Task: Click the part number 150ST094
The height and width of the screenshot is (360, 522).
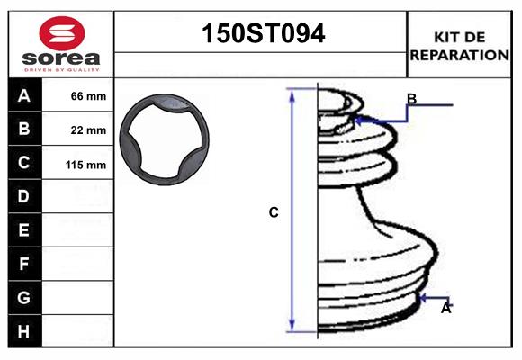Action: (x=261, y=34)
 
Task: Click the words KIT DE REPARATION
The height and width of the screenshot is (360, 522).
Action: (x=459, y=45)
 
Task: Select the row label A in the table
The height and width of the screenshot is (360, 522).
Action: (x=24, y=96)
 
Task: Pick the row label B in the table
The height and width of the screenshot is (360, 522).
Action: (x=24, y=130)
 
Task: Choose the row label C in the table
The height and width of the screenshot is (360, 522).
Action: (x=24, y=163)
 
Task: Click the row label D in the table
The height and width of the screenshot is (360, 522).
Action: (x=24, y=196)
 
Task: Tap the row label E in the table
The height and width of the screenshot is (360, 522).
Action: (x=24, y=230)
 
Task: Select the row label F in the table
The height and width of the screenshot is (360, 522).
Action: (x=24, y=264)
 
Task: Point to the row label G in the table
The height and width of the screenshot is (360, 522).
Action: (x=24, y=297)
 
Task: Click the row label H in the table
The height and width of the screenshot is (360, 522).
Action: (x=24, y=331)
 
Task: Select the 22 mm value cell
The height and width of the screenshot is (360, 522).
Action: (x=88, y=130)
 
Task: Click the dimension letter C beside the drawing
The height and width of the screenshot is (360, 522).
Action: (x=274, y=213)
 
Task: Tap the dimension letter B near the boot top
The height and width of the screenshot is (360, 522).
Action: (x=411, y=98)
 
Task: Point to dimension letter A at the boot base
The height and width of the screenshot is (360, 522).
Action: (x=445, y=309)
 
